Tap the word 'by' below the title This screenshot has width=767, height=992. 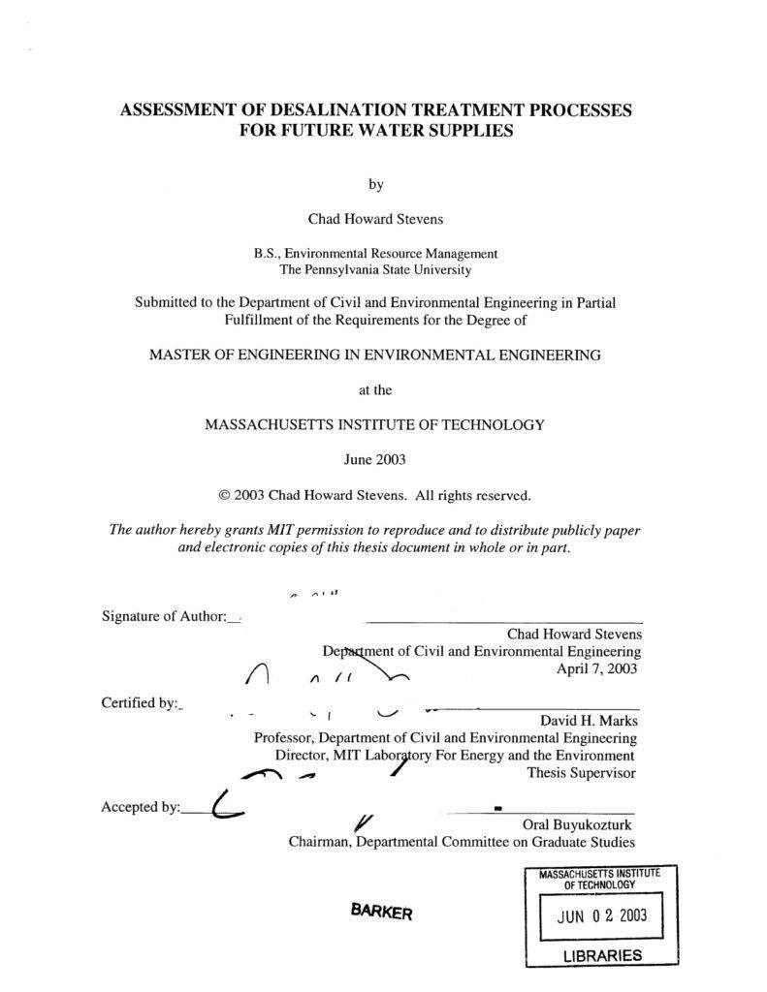click(x=376, y=184)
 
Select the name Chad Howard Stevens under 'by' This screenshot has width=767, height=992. click(x=376, y=219)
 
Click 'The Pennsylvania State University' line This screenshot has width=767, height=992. click(x=376, y=269)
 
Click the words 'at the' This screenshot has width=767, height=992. click(x=375, y=390)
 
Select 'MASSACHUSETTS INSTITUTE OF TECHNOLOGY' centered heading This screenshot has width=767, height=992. click(x=375, y=424)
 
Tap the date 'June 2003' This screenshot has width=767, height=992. click(x=375, y=459)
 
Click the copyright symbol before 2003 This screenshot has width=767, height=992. click(x=226, y=495)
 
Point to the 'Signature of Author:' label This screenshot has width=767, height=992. click(x=163, y=616)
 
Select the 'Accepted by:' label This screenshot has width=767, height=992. click(x=141, y=807)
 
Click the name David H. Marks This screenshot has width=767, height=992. click(x=589, y=721)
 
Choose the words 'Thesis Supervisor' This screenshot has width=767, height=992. click(x=581, y=773)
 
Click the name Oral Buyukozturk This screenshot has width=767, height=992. click(x=577, y=825)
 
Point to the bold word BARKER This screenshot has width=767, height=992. click(x=382, y=913)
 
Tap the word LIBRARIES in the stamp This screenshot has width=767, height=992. click(x=602, y=956)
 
